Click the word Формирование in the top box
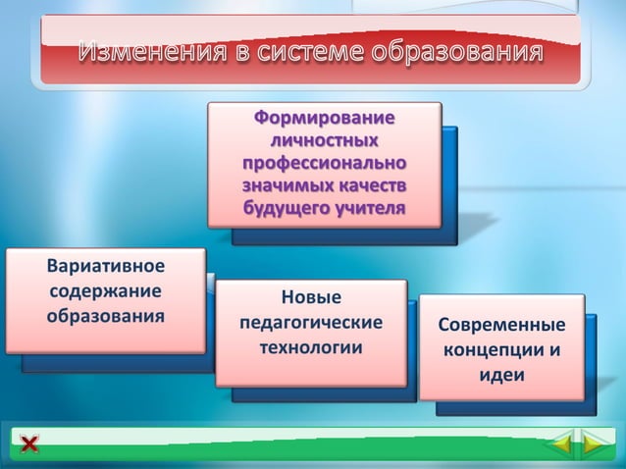(x=325, y=119)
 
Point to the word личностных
(x=325, y=140)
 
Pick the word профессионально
(x=325, y=163)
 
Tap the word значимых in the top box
(x=285, y=184)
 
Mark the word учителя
(x=369, y=207)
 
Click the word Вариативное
(x=105, y=267)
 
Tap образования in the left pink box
(x=105, y=317)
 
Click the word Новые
(x=310, y=297)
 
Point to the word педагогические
(x=310, y=322)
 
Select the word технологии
(x=310, y=347)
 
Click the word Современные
(x=501, y=326)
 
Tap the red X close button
(x=29, y=445)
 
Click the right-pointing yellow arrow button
(x=592, y=446)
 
